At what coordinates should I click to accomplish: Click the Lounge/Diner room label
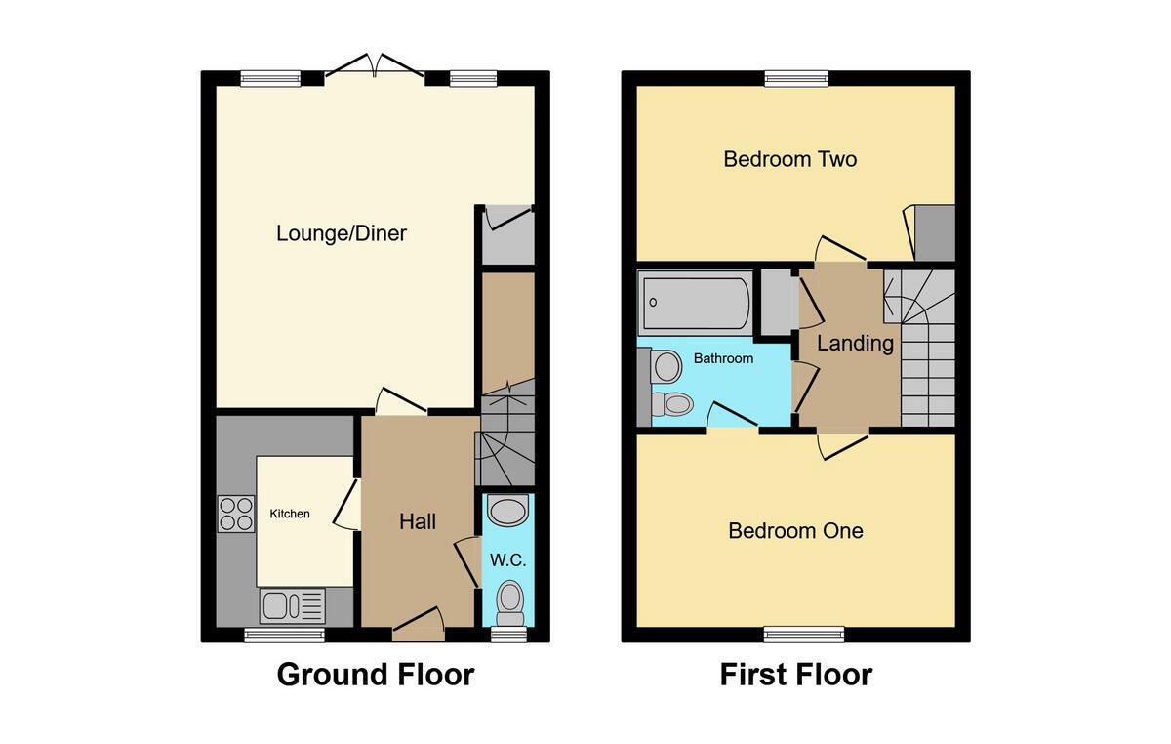click(x=342, y=234)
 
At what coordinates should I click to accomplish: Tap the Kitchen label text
click(x=290, y=514)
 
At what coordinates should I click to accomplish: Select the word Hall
click(x=418, y=521)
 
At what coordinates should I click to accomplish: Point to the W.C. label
click(x=508, y=560)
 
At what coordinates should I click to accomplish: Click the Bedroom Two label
click(x=789, y=159)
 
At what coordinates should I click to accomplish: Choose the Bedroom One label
click(x=795, y=530)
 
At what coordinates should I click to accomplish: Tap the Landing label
click(x=855, y=344)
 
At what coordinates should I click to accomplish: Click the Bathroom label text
click(x=723, y=358)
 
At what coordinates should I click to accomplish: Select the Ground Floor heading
click(x=376, y=674)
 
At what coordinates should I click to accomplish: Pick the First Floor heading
click(x=796, y=674)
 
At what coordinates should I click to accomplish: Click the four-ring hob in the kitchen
click(x=236, y=514)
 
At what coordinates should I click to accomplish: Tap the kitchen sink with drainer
click(x=292, y=606)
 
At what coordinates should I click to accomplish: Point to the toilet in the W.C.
click(x=510, y=602)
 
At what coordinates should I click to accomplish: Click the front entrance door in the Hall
click(x=419, y=625)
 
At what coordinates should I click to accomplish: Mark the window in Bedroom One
click(x=804, y=635)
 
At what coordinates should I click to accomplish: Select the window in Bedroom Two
click(x=796, y=78)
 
